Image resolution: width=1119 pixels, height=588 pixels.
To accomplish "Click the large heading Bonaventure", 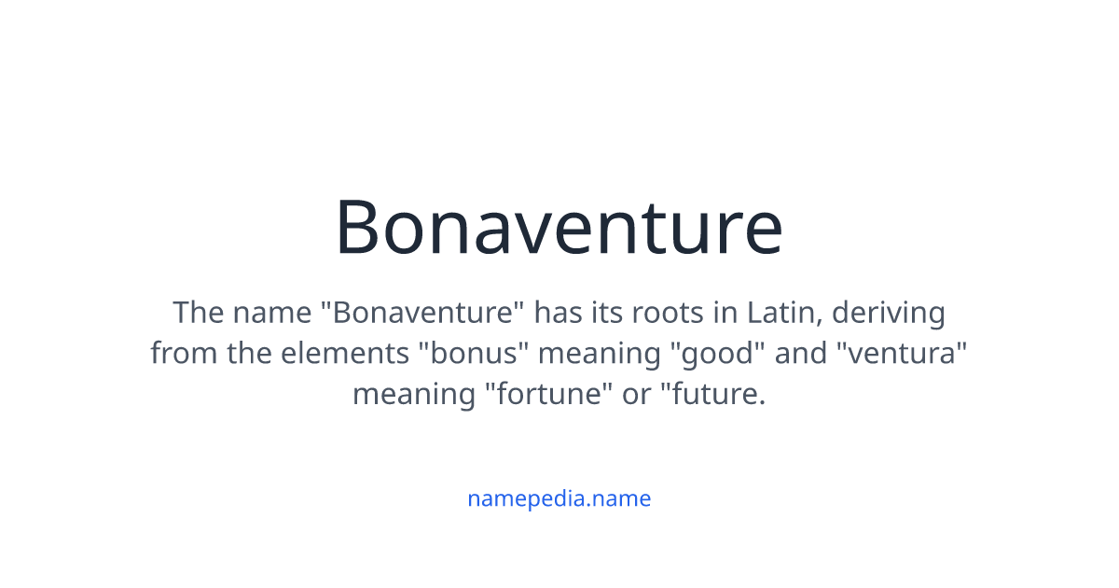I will tap(559, 227).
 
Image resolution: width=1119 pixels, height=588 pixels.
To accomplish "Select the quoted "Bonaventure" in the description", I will tap(421, 312).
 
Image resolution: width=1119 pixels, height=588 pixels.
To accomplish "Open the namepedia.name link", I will tap(559, 498).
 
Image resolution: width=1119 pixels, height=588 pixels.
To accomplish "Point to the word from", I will tap(180, 353).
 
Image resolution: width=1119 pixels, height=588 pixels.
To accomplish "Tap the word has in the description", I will tap(558, 312).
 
